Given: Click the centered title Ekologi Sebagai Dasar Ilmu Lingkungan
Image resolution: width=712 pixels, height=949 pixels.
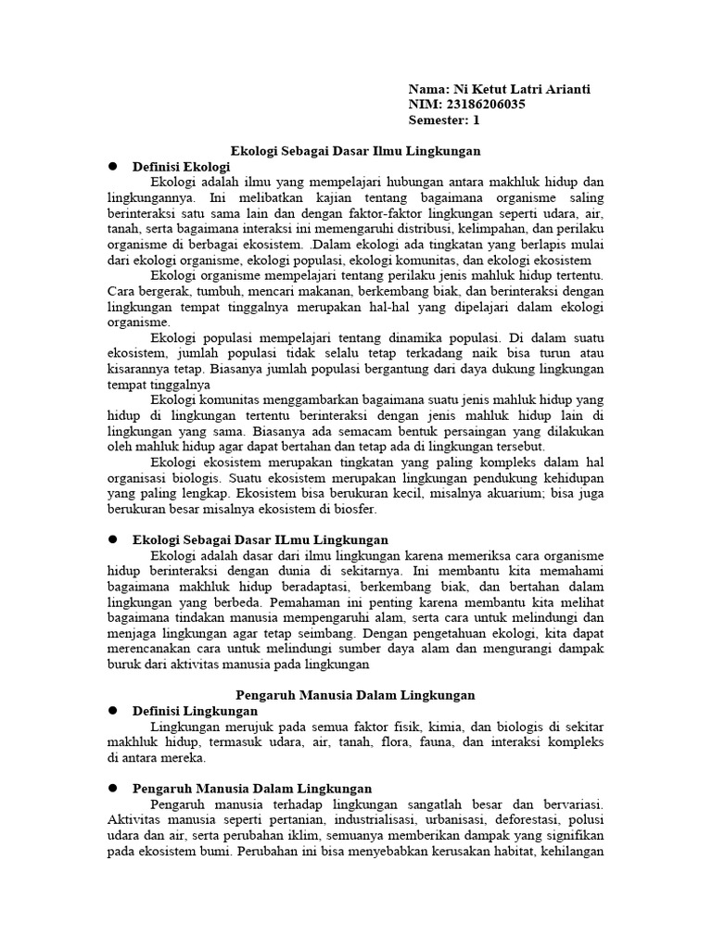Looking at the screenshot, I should coord(355,150).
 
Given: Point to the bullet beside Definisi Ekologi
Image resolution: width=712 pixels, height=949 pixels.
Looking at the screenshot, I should coord(113,165).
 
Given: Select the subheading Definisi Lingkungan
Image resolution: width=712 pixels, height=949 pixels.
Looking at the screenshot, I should coord(195,710).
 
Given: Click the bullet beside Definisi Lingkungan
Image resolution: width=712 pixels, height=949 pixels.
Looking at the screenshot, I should coord(113,710).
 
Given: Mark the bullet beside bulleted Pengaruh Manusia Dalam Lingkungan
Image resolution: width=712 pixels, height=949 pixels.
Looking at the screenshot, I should coord(113,788).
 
